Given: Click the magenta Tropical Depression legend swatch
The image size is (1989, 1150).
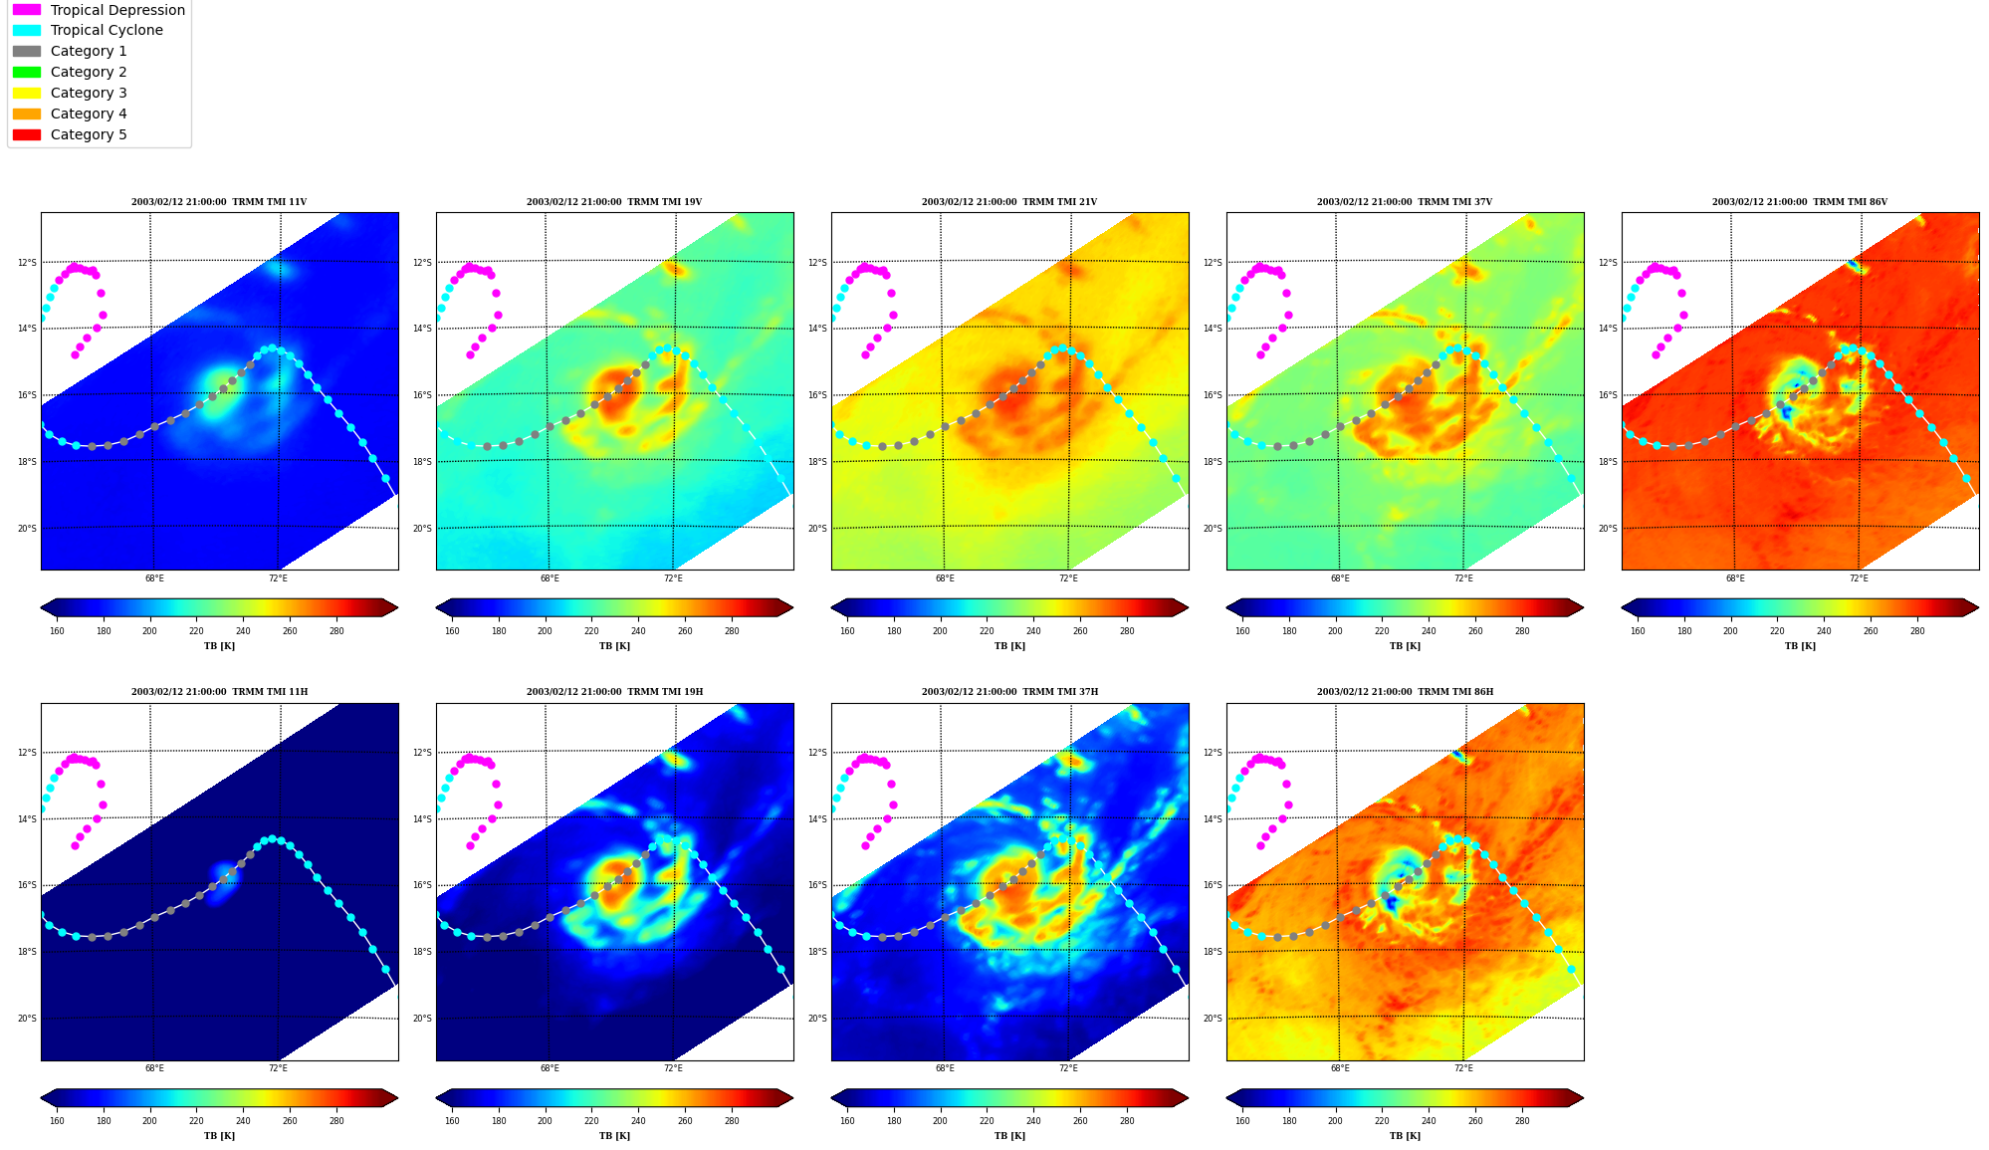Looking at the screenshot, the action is pyautogui.click(x=27, y=10).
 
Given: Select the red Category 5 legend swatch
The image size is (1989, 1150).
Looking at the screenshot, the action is pyautogui.click(x=27, y=134).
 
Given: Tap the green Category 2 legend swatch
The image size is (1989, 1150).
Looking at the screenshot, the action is pyautogui.click(x=27, y=72).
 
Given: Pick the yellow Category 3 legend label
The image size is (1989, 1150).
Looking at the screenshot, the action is pyautogui.click(x=89, y=93).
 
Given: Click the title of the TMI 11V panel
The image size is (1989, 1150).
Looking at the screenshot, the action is pyautogui.click(x=219, y=202).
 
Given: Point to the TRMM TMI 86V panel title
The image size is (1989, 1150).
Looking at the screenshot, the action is pyautogui.click(x=1800, y=202).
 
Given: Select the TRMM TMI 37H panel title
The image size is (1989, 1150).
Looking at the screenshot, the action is pyautogui.click(x=1009, y=692).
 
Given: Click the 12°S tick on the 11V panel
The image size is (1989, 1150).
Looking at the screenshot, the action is pyautogui.click(x=27, y=263).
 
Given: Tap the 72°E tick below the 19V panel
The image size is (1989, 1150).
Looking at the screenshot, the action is pyautogui.click(x=673, y=578).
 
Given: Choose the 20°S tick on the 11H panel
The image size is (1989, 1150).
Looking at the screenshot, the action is pyautogui.click(x=27, y=1019).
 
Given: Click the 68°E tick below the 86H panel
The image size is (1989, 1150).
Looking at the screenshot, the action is pyautogui.click(x=1340, y=1068).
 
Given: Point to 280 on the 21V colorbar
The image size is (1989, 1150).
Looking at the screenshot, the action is pyautogui.click(x=1127, y=631).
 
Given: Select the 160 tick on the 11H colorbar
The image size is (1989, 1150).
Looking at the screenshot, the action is pyautogui.click(x=57, y=1121).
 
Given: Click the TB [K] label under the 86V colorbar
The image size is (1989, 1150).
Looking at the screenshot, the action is pyautogui.click(x=1800, y=646).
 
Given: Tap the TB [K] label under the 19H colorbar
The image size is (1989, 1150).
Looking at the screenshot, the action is pyautogui.click(x=614, y=1136).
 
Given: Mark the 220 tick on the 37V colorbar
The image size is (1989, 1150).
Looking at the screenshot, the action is pyautogui.click(x=1382, y=631).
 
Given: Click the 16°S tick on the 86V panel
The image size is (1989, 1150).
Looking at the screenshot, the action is pyautogui.click(x=1608, y=395).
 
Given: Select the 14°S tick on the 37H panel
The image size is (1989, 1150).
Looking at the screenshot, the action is pyautogui.click(x=817, y=819).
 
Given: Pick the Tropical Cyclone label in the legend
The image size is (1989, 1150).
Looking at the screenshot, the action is pyautogui.click(x=107, y=31).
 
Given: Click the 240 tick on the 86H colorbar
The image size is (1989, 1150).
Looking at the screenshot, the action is pyautogui.click(x=1429, y=1121).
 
